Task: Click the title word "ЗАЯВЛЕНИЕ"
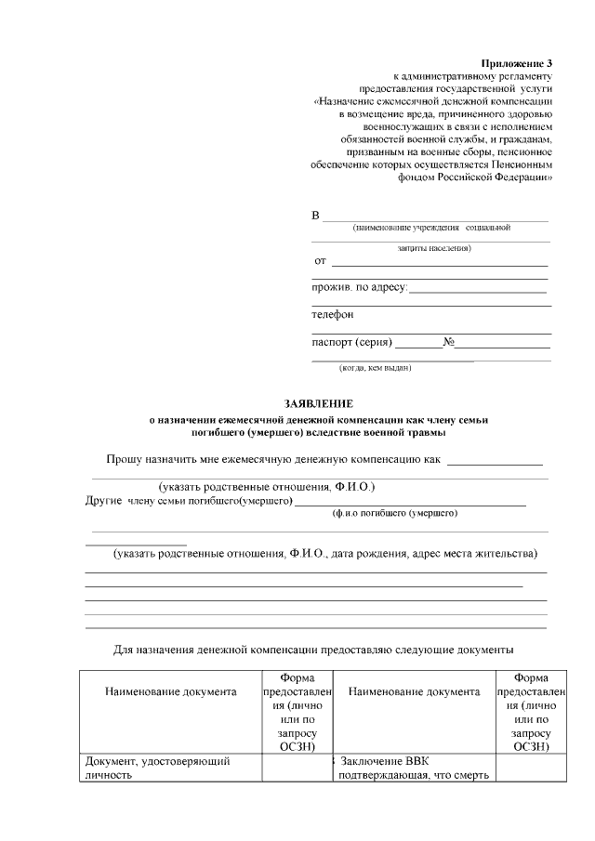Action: (319, 404)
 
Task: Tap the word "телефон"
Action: (333, 314)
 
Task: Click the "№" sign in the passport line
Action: (448, 342)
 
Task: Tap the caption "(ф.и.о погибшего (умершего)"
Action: (394, 513)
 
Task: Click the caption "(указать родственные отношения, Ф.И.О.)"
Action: (267, 487)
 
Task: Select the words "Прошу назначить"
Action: (152, 459)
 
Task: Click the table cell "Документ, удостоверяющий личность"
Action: (157, 769)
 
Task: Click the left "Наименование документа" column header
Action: (171, 691)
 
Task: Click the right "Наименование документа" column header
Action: (414, 691)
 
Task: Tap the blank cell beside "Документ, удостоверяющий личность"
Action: (297, 769)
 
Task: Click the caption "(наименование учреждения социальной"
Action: (431, 228)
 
